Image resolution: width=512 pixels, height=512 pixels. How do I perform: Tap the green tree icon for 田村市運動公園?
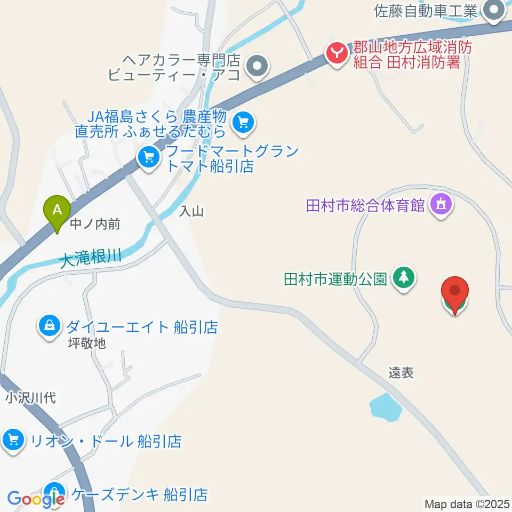(x=404, y=277)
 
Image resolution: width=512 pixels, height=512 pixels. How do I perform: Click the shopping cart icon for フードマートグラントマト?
(x=148, y=158)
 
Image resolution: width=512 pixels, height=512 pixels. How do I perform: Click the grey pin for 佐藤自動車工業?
(x=494, y=10)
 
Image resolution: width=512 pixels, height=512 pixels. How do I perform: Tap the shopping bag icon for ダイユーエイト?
(x=50, y=326)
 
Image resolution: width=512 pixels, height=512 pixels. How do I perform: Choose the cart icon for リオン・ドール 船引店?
(x=13, y=441)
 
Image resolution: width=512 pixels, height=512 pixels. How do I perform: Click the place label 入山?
(x=192, y=212)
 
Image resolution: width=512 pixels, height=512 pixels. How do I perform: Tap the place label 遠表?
(x=401, y=373)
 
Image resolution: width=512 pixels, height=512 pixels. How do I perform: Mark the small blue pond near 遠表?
(x=386, y=407)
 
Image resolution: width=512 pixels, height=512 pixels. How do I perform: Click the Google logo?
(x=36, y=499)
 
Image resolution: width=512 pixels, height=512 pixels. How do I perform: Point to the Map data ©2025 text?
(x=467, y=503)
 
